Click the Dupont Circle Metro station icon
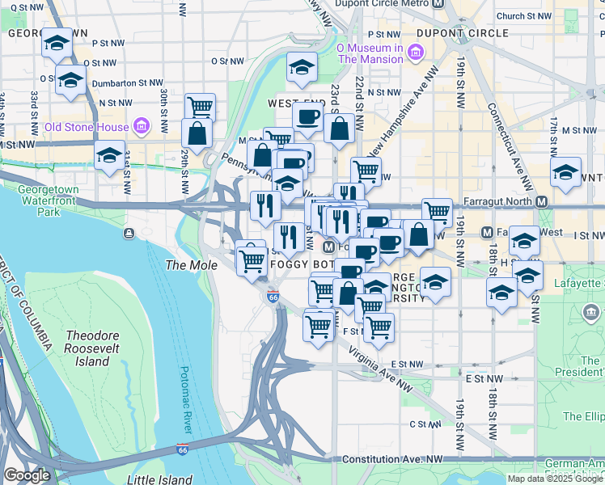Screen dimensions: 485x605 click(x=438, y=3)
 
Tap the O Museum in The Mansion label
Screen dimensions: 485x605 click(x=370, y=53)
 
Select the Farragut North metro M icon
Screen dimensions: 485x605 click(x=542, y=201)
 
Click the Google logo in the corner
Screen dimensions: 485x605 click(x=27, y=475)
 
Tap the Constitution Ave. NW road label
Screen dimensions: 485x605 click(x=393, y=459)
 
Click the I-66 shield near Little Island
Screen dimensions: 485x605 click(x=183, y=448)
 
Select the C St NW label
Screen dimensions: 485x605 click(x=424, y=424)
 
